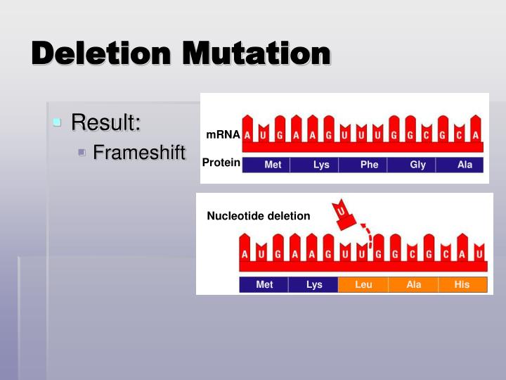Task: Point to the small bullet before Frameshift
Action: [82, 152]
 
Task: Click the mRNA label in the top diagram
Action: [223, 134]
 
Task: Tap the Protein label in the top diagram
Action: [221, 163]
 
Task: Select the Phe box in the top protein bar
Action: [369, 165]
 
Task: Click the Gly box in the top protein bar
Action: [417, 165]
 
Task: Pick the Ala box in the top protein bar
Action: [465, 165]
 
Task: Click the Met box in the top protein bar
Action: [273, 165]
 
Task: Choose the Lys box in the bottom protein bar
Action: [314, 285]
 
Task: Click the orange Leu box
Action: [363, 285]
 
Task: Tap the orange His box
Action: [462, 285]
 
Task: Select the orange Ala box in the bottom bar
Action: [414, 285]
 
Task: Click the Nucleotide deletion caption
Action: [258, 216]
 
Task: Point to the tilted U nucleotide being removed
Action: [343, 213]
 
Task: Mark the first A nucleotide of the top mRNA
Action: [247, 134]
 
